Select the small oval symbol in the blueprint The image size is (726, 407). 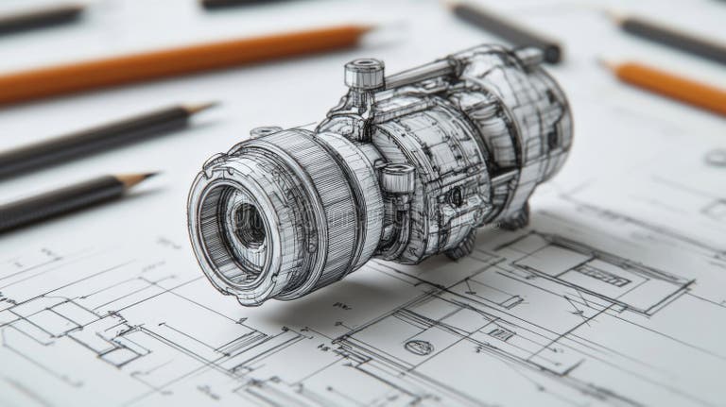pyautogui.click(x=419, y=347)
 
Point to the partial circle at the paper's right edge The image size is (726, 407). pyautogui.click(x=717, y=158)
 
